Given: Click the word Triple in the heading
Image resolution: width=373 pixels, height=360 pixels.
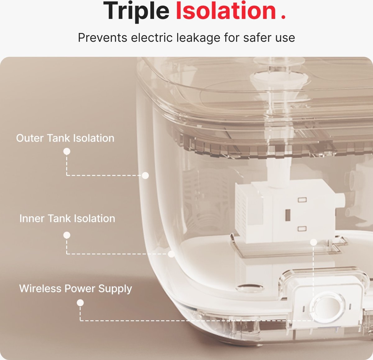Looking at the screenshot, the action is [x=136, y=12].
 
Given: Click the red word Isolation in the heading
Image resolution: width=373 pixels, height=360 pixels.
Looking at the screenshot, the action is [x=226, y=11].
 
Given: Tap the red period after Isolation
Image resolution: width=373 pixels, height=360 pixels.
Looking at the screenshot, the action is [x=283, y=17].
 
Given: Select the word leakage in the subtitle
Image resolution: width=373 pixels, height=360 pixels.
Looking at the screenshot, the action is [x=198, y=38].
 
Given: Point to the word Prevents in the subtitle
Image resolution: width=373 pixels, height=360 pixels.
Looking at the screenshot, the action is [x=103, y=37].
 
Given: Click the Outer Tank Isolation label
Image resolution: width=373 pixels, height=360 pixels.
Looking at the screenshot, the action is [x=65, y=138].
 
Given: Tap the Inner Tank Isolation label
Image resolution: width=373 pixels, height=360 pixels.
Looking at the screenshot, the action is [x=67, y=218].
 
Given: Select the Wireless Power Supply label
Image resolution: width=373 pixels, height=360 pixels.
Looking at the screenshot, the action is [x=76, y=289].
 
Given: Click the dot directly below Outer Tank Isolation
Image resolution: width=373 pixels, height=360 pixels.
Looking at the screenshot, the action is [x=67, y=151].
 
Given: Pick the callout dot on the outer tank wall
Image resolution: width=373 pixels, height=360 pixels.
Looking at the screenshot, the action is [x=145, y=175].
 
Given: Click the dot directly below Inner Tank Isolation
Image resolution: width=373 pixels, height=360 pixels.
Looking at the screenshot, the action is [x=67, y=235].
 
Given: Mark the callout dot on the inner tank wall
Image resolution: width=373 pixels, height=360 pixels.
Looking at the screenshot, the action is [x=171, y=254].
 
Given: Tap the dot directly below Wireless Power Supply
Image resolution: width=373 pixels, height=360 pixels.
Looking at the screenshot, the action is [x=80, y=303].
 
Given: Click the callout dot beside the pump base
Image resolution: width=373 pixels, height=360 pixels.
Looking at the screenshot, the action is [x=313, y=242].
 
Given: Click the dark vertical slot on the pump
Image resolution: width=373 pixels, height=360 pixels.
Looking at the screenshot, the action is [x=288, y=215].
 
